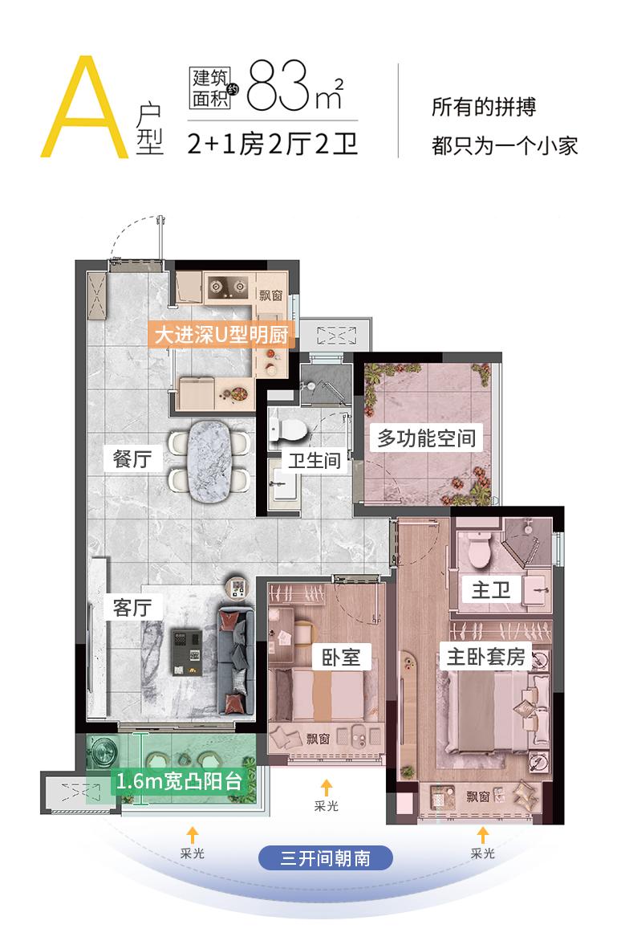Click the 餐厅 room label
coord(133,460)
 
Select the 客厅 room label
coord(132,607)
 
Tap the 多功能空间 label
coord(427,438)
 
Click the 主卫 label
coord(491,591)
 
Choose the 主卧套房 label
coord(485,657)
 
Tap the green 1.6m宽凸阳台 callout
coord(178,781)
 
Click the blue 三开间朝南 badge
coord(325,857)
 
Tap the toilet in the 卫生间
coord(288,430)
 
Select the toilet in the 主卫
coord(482,550)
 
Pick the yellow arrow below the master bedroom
coord(482,835)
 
